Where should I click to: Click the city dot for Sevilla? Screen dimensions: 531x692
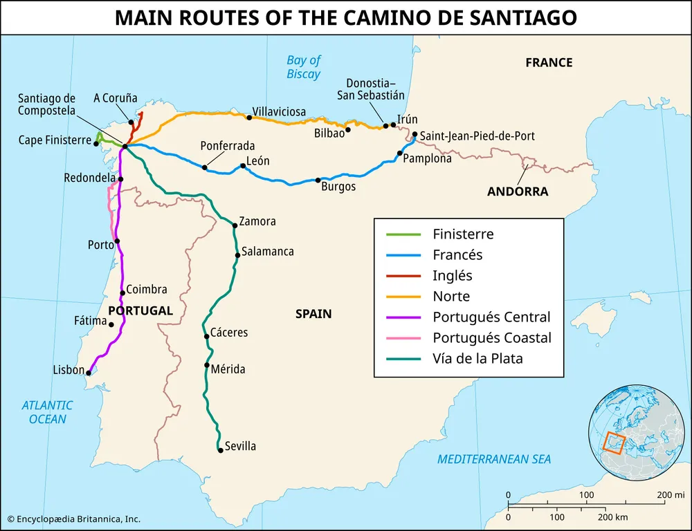(x=220, y=451)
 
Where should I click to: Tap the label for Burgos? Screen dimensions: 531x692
(x=338, y=187)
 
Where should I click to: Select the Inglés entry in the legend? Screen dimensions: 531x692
(x=453, y=275)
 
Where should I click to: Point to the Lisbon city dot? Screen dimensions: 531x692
(x=89, y=372)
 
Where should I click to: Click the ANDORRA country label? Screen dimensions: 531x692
(x=517, y=192)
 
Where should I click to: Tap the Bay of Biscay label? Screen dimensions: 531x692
(x=304, y=67)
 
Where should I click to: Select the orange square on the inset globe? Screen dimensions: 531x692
(x=614, y=441)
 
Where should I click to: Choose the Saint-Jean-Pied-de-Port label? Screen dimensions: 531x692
(x=477, y=136)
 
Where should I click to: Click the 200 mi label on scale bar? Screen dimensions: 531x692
(x=670, y=495)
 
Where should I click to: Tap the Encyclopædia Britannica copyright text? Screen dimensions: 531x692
(x=73, y=519)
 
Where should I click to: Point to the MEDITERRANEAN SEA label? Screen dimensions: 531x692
(x=494, y=458)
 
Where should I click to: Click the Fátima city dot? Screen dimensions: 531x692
(x=111, y=324)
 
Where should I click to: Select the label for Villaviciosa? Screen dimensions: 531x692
(x=279, y=111)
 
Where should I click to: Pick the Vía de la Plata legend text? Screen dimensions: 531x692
(x=477, y=359)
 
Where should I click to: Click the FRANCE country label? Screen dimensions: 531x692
(x=549, y=63)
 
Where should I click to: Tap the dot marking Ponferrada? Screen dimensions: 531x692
(x=205, y=167)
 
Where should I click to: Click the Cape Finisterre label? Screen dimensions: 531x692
(x=55, y=140)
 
